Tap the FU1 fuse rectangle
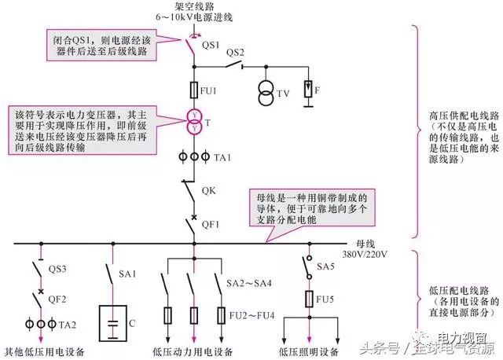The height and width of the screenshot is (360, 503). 193,90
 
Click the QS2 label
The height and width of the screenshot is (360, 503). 236,53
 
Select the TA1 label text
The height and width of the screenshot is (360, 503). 222,157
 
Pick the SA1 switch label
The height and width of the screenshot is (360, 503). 128,274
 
